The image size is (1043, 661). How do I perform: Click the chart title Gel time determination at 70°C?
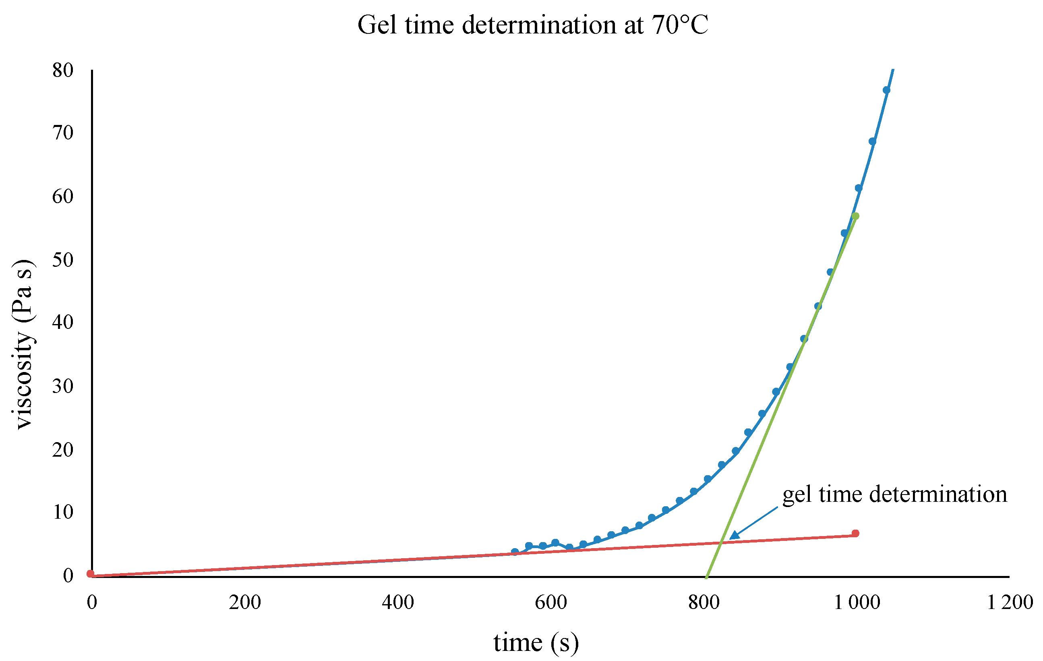click(533, 25)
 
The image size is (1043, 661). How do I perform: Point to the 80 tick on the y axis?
click(63, 70)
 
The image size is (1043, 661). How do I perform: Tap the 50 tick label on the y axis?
click(63, 260)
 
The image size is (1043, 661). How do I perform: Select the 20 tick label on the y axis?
click(63, 449)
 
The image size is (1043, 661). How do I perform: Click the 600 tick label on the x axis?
click(550, 603)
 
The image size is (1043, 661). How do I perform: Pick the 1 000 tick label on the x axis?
click(857, 603)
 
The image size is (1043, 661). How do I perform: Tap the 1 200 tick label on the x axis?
click(1010, 603)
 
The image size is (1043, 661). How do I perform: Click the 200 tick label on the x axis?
click(245, 603)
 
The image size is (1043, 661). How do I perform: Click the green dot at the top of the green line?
click(855, 216)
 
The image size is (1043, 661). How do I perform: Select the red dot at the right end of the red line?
click(855, 533)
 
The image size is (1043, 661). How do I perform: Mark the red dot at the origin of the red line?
click(90, 574)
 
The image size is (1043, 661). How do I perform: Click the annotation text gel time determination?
click(894, 495)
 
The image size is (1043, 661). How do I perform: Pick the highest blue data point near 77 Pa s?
click(886, 90)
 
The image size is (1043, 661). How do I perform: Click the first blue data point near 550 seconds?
click(515, 552)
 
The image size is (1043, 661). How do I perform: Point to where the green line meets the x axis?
click(706, 576)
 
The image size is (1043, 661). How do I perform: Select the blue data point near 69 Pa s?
click(872, 141)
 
